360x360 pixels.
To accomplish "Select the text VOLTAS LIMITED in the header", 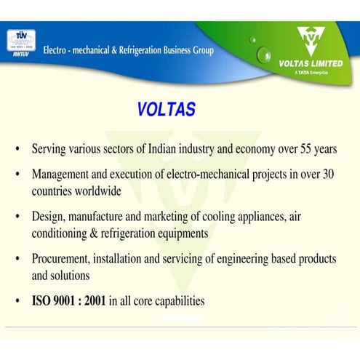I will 311,63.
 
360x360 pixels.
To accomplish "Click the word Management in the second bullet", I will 61,175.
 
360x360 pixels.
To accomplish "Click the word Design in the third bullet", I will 48,217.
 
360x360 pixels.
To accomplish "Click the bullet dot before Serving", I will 17,150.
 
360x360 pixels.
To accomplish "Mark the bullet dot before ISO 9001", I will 17,301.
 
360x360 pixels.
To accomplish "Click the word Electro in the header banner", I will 57,50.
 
